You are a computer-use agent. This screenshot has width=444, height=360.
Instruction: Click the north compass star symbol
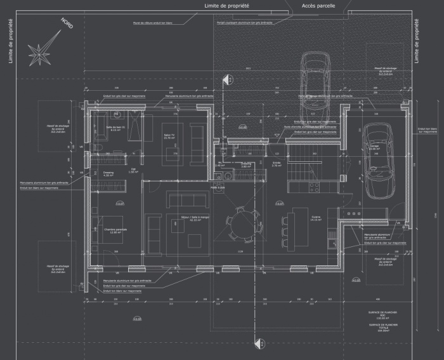(x=39, y=52)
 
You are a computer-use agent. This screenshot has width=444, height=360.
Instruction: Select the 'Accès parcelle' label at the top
(x=318, y=5)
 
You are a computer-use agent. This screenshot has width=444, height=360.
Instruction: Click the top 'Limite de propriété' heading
(x=226, y=5)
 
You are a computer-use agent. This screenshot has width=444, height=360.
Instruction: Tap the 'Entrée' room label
(x=277, y=163)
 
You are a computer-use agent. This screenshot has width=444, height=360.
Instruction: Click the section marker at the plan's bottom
(x=258, y=343)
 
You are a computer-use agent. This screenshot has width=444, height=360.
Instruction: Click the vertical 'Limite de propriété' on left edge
(x=10, y=41)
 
